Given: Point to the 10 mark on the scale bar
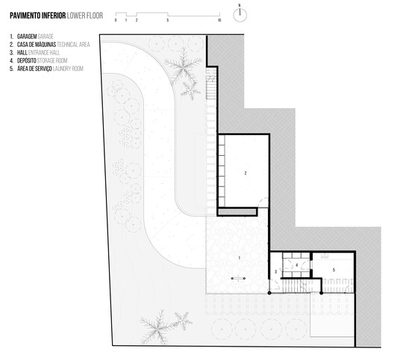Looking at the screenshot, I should tap(219, 21).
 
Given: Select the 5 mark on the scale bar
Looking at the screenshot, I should tap(168, 21).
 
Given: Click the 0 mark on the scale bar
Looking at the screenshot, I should tap(116, 21).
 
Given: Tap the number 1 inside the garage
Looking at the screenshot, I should tap(239, 256).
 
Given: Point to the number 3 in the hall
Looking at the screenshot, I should tap(276, 272).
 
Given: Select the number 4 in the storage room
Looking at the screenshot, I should tap(297, 265).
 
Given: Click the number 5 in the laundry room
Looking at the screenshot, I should tap(334, 269).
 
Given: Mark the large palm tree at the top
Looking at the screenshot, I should tap(181, 66).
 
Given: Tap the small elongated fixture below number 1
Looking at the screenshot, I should tap(239, 279).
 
